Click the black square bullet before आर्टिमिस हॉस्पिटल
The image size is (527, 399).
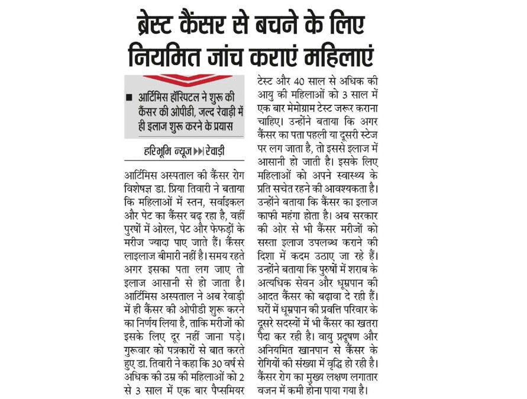(x=129, y=98)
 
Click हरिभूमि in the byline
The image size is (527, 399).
(x=160, y=151)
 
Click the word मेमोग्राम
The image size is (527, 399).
(x=305, y=106)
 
